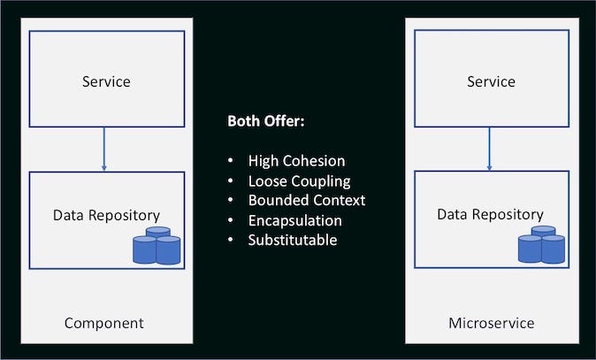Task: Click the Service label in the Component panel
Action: (x=106, y=81)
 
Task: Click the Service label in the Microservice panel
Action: (x=491, y=81)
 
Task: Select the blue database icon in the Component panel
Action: (x=157, y=246)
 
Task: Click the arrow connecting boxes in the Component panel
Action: (x=104, y=149)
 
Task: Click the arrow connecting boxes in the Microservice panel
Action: (x=489, y=149)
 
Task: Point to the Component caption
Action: (x=103, y=323)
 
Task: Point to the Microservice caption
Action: (x=491, y=323)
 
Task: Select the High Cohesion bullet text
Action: (x=296, y=161)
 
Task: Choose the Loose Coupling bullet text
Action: (x=299, y=180)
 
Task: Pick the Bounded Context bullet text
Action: (x=307, y=200)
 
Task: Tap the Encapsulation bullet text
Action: (x=294, y=220)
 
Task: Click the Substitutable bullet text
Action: (x=293, y=240)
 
